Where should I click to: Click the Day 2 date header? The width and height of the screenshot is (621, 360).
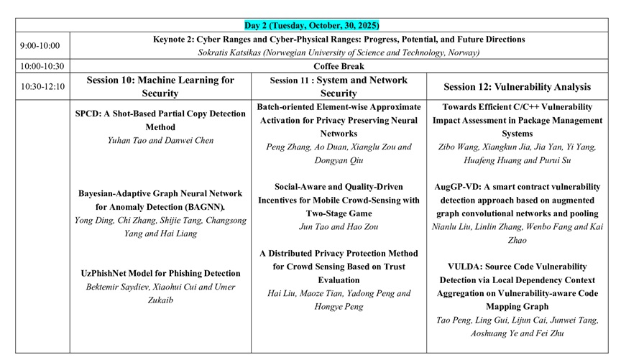(x=311, y=25)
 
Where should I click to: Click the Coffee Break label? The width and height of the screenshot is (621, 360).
(x=339, y=66)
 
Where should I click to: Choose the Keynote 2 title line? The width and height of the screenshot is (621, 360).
(x=339, y=39)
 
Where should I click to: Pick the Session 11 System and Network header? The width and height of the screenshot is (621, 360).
(x=339, y=86)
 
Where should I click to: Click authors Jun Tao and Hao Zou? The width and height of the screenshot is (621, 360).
(x=339, y=227)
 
